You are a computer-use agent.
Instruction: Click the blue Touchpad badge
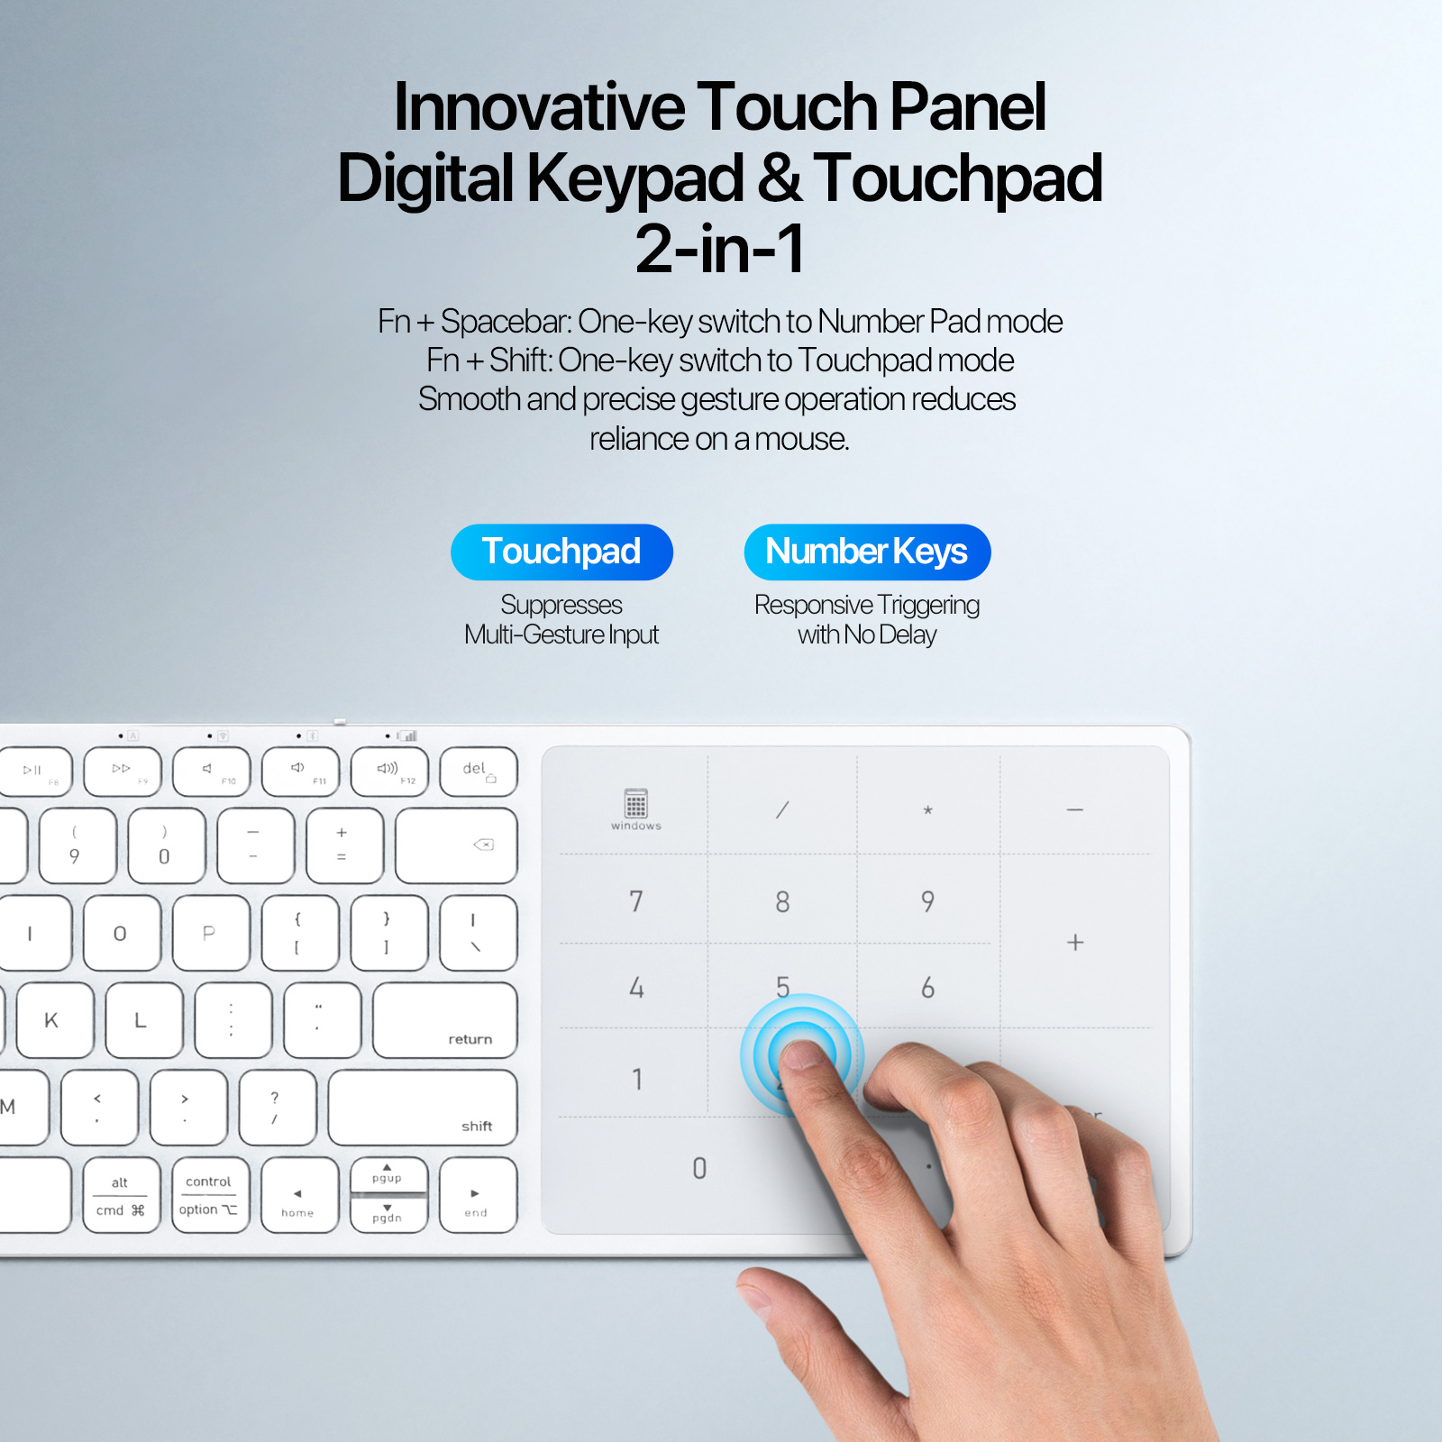[561, 552]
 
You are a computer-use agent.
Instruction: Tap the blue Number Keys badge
[867, 552]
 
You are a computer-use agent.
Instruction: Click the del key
[479, 771]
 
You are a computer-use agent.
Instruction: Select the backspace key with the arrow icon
[456, 845]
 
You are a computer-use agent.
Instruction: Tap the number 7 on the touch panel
[636, 901]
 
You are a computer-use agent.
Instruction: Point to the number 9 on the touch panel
[927, 901]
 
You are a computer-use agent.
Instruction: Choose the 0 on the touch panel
[699, 1169]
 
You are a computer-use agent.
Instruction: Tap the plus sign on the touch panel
[1075, 943]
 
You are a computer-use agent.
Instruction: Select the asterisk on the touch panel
[927, 810]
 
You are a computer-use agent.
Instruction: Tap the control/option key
[209, 1195]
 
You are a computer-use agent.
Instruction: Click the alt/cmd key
[121, 1195]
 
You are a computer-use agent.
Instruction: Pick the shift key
[423, 1108]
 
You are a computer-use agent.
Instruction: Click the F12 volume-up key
[389, 771]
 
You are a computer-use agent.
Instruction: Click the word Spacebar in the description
[506, 322]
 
